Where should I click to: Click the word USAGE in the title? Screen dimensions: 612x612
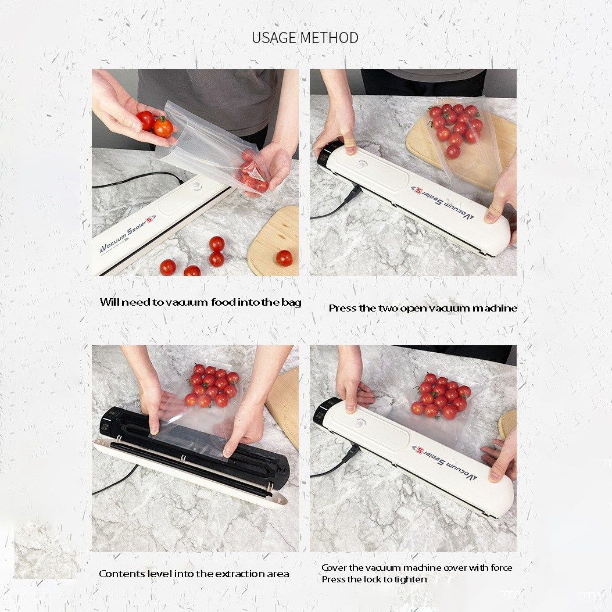point(274,38)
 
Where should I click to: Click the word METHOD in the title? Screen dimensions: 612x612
point(330,38)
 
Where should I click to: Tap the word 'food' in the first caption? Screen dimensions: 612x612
point(223,302)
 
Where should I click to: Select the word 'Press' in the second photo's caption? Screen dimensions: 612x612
point(343,309)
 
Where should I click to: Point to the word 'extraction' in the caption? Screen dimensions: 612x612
point(240,574)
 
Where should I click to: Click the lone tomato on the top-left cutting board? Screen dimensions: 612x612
point(284,258)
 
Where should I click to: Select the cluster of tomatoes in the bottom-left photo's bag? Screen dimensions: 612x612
point(211,385)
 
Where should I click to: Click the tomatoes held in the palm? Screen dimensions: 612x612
point(155,123)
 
